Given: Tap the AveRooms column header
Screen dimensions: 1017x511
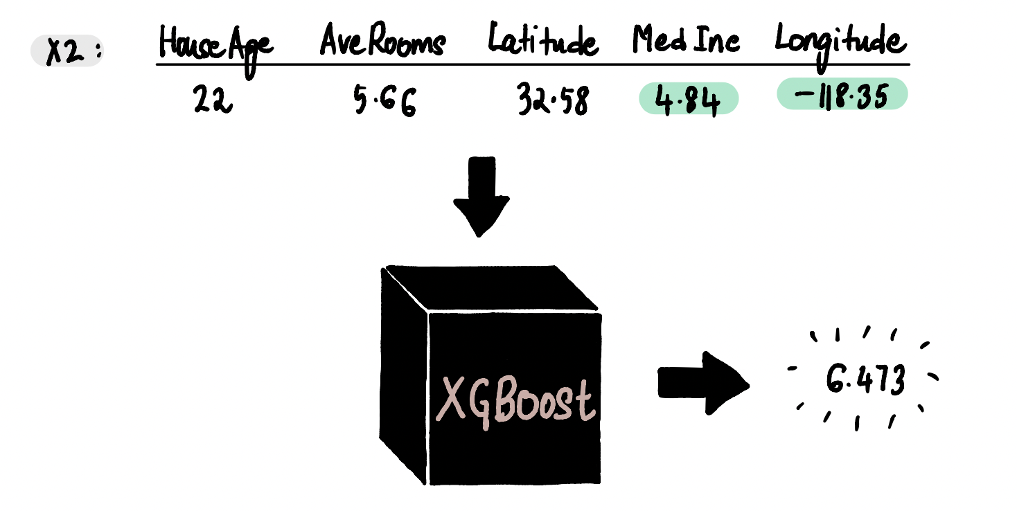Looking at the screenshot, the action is (382, 40).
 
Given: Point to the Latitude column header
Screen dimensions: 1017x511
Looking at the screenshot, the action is (543, 40).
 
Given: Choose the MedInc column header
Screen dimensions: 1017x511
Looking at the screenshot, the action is (686, 40).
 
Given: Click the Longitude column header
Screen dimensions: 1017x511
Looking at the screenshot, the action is (840, 46).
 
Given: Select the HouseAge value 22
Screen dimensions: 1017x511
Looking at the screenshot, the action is (213, 99).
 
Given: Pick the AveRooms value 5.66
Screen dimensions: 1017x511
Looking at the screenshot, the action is (384, 101).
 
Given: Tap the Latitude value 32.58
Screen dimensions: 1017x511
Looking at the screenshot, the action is (553, 99).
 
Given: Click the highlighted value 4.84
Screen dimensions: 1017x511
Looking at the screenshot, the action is (689, 99).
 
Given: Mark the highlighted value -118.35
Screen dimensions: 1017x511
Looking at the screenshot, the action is (842, 94).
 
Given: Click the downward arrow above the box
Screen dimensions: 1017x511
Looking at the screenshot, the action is (481, 197).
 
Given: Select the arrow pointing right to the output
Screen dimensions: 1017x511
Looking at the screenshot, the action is (704, 383).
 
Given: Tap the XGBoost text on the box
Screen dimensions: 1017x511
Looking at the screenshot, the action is (515, 401).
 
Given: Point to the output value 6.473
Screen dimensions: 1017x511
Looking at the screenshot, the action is (865, 379).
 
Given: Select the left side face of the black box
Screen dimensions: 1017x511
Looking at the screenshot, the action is (403, 376).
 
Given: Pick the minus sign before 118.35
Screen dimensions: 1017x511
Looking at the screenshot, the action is (804, 94).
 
